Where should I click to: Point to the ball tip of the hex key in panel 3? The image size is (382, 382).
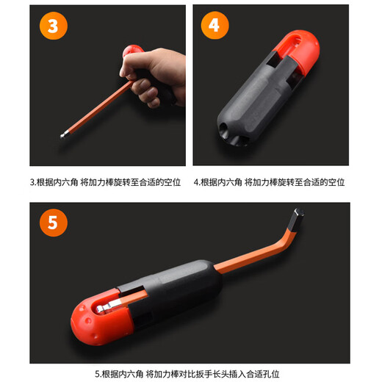click(x=62, y=135)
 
